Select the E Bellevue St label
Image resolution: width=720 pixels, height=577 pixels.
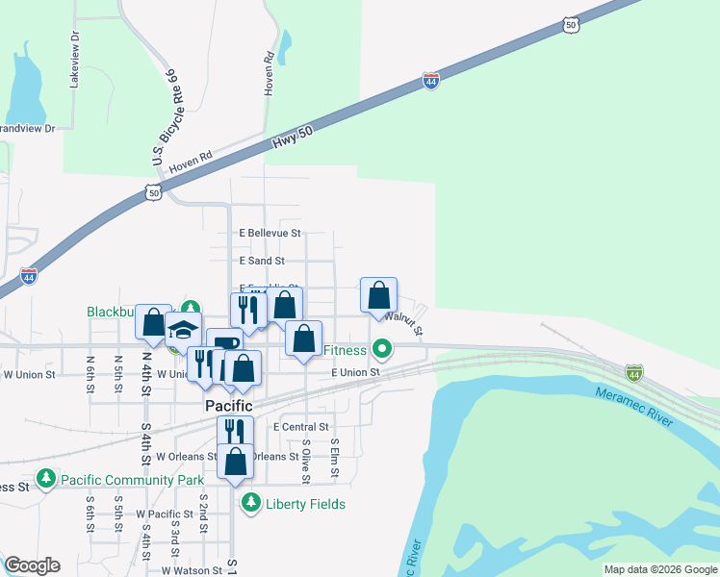(x=270, y=234)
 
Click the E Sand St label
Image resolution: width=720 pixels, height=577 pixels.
(x=261, y=261)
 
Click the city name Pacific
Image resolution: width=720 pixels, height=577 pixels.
(x=230, y=407)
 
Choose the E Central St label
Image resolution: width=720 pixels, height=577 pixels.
(x=301, y=427)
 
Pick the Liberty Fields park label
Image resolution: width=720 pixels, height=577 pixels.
(x=305, y=504)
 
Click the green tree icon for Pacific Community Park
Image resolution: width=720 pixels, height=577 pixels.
(x=45, y=478)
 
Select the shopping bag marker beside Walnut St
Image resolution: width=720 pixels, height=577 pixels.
(x=379, y=295)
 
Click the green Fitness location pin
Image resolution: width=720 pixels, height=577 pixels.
(x=382, y=348)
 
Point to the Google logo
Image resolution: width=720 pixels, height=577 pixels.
(x=32, y=565)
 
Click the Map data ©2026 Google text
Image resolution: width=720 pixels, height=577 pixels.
(x=660, y=569)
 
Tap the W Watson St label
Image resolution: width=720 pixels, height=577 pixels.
(x=192, y=570)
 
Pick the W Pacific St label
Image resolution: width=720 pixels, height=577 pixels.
(x=166, y=515)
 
